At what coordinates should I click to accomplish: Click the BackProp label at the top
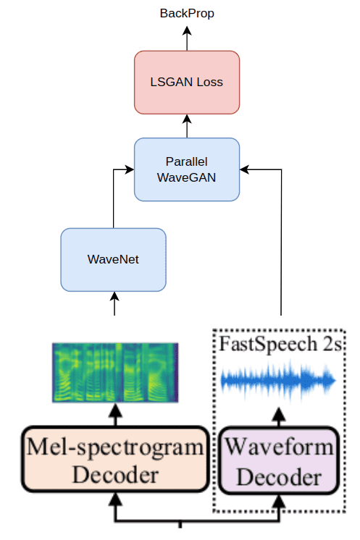187,14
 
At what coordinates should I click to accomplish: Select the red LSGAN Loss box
187,83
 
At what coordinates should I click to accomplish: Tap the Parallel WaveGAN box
187,169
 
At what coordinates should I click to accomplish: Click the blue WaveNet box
113,260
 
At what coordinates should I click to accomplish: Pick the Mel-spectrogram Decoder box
115,460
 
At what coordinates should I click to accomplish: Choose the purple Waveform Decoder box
279,461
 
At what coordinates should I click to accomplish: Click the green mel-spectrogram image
115,372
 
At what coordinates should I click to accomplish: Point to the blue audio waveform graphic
278,381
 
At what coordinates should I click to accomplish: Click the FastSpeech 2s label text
281,344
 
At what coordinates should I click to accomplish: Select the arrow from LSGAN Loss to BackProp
187,38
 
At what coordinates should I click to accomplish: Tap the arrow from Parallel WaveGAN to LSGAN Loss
187,126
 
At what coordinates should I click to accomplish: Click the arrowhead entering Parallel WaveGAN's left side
130,169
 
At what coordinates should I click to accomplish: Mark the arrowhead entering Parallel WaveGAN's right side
244,169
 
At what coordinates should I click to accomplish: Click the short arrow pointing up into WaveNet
114,303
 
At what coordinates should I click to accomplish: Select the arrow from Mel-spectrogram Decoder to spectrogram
115,415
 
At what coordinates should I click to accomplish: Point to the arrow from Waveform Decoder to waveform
279,417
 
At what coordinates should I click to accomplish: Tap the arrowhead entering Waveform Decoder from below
279,501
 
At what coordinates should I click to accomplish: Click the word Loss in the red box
209,83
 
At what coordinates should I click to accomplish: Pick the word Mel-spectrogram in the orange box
115,447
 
